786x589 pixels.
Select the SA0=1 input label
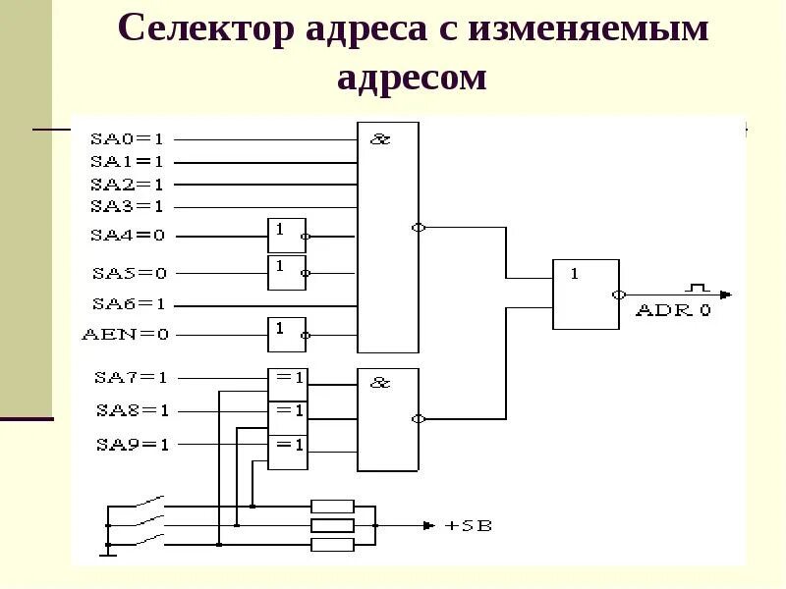128,138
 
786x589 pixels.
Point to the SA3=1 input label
128,206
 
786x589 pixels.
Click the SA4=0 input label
128,236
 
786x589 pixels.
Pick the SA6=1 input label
129,304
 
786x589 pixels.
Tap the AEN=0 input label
125,335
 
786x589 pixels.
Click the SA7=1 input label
132,377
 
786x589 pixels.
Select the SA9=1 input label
132,444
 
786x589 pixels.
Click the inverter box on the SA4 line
286,236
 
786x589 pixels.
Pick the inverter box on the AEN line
286,335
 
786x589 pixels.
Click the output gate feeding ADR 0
586,294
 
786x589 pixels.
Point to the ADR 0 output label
673,310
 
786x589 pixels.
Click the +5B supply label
469,526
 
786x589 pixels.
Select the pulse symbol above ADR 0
698,288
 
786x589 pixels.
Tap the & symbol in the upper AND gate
380,139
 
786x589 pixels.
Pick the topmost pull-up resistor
332,507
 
